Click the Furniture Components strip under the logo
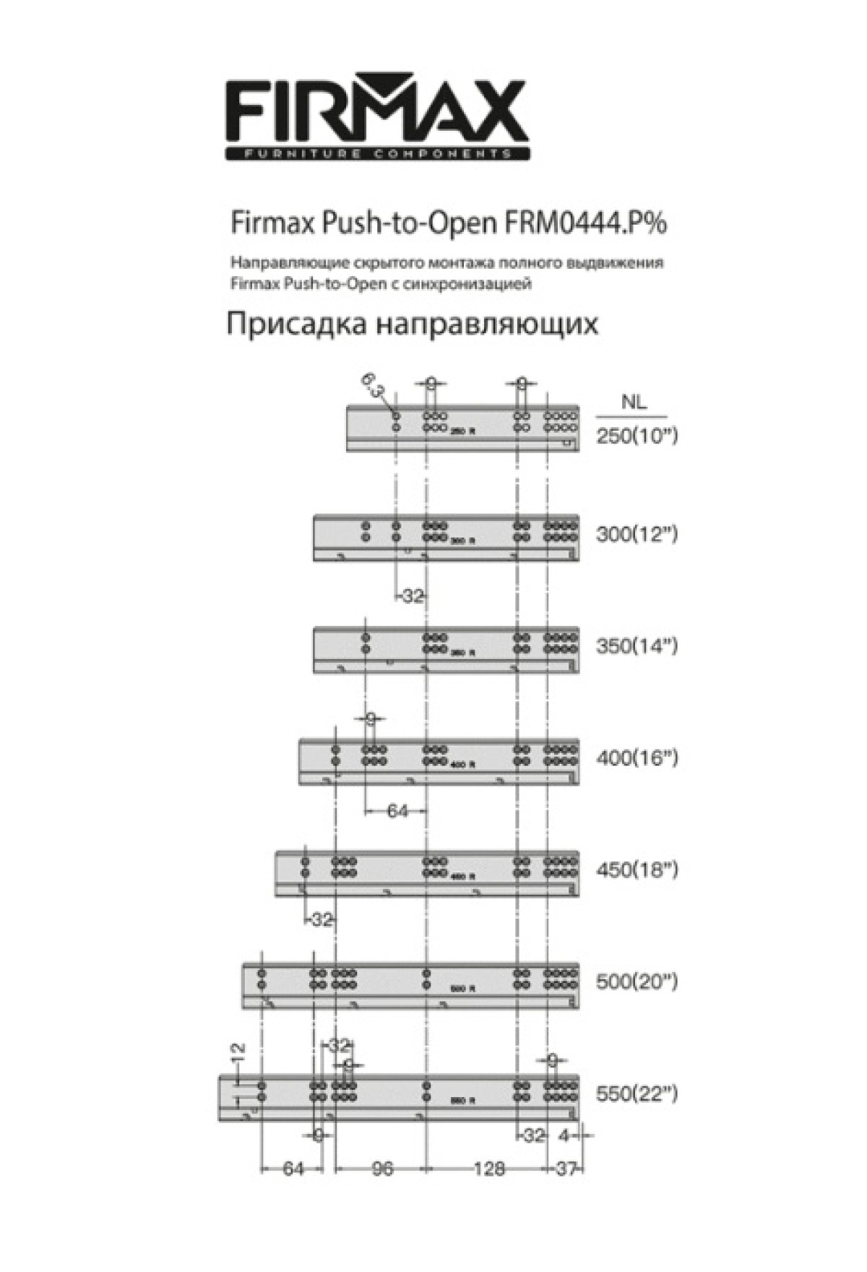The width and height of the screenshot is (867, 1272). coord(377,154)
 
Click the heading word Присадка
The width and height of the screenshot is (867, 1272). coord(297,323)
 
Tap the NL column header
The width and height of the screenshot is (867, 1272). coord(634,403)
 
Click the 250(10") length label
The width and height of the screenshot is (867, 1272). coord(637,436)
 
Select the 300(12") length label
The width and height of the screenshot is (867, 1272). coord(637,535)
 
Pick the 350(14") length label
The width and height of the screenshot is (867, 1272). coord(637,645)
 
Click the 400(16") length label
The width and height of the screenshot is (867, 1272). coord(637,758)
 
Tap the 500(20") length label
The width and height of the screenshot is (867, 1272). coord(637,981)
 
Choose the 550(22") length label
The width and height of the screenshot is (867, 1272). coord(637,1094)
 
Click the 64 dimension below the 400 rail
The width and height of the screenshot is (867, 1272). coord(397,811)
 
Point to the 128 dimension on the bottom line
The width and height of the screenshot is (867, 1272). coord(488,1169)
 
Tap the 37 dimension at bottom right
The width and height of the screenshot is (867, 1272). coord(565,1169)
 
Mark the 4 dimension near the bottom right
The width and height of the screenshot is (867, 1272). coord(566,1136)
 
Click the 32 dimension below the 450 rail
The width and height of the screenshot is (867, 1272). coord(322,920)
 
